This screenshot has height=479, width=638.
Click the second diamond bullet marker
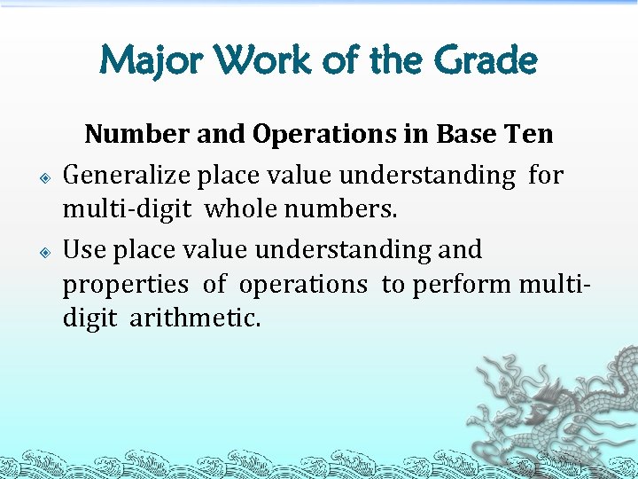[45, 253]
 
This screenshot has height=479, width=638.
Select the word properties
[125, 285]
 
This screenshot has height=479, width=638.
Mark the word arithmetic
[196, 318]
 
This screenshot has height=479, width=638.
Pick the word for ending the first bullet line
[545, 176]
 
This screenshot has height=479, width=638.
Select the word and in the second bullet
[460, 250]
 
